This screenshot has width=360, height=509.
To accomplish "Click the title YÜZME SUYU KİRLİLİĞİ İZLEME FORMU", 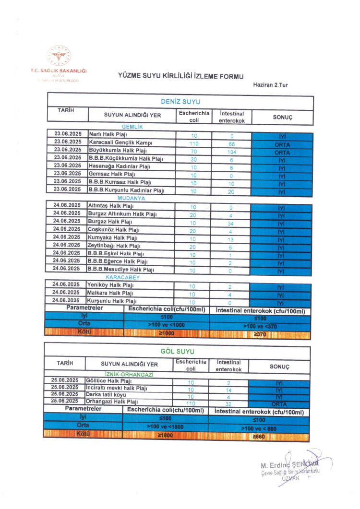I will click(181, 76).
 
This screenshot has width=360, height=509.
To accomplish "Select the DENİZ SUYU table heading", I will click(180, 102).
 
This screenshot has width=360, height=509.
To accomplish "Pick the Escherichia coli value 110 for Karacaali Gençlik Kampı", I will click(194, 144).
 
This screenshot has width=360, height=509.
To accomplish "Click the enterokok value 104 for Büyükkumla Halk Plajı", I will click(231, 152).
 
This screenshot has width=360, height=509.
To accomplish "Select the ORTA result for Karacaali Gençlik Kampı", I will click(282, 144).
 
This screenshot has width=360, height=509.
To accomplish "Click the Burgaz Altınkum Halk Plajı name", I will click(122, 214).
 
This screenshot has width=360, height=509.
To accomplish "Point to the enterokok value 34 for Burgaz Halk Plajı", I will click(231, 223).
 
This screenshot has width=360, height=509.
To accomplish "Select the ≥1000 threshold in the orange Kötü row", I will click(167, 332).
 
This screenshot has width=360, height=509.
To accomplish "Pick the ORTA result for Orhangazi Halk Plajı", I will click(279, 404).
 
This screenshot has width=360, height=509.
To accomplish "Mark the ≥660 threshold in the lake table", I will click(259, 436).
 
